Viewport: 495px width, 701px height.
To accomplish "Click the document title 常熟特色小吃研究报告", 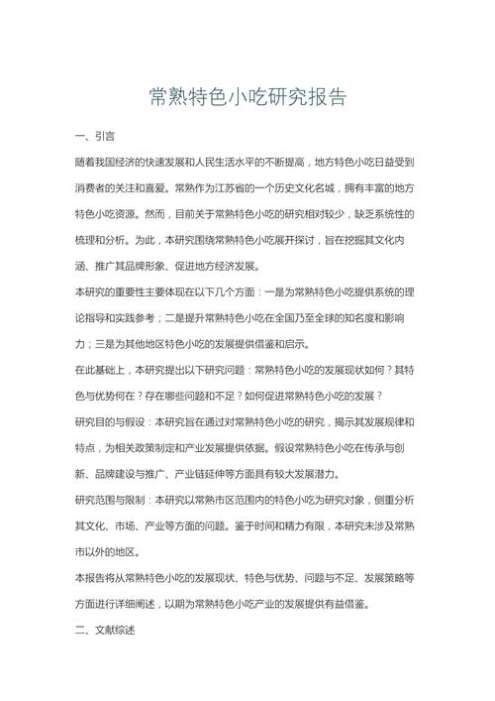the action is coord(247,98).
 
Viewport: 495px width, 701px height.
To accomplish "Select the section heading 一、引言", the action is coord(94,135).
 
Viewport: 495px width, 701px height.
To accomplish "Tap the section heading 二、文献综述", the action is coord(104,630).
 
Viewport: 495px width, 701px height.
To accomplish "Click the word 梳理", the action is coord(86,239).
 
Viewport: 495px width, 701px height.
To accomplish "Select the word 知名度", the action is coord(349,317).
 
